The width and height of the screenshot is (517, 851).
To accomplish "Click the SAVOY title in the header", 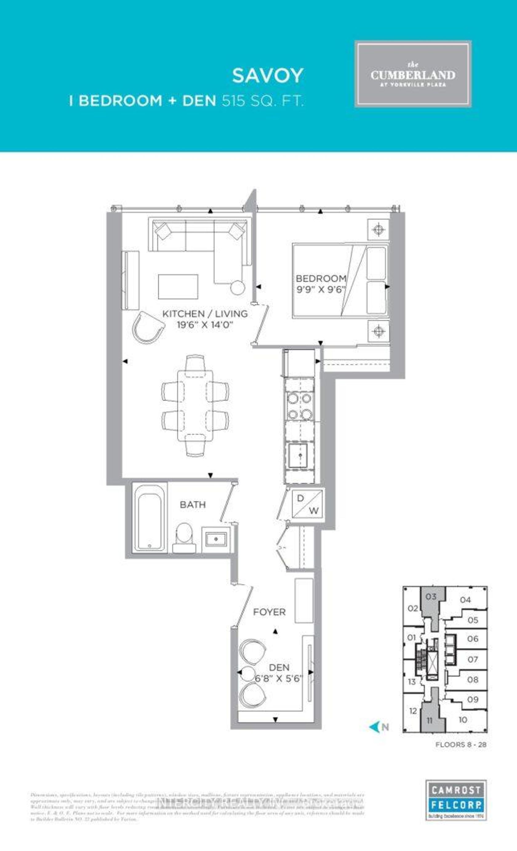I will click(268, 76).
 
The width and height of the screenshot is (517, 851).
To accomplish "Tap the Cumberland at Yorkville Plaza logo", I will click(413, 74).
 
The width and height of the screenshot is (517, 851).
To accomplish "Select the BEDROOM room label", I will click(321, 278).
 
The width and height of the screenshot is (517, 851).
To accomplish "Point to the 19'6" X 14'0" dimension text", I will click(205, 325).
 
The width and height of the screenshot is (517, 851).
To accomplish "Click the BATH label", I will click(193, 505).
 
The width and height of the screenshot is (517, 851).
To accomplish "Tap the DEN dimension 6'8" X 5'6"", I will click(279, 679).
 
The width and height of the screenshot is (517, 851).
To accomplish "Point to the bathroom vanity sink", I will click(216, 538).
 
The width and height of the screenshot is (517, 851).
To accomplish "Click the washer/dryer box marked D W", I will click(307, 504).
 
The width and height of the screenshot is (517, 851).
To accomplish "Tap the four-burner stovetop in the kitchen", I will click(299, 406).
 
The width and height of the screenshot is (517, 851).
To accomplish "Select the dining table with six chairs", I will click(195, 406).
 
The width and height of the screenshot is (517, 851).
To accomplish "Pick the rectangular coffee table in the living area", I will click(178, 287).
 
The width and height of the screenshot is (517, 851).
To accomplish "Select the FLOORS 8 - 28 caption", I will click(461, 745).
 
